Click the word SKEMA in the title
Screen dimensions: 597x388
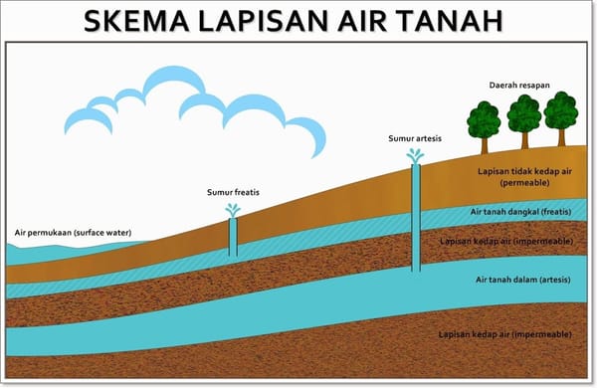(x=136, y=21)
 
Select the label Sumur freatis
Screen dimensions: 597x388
(x=233, y=192)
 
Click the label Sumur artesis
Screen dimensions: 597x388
(x=415, y=138)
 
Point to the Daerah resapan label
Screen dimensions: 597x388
(x=519, y=86)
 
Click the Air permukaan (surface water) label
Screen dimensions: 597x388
(x=73, y=233)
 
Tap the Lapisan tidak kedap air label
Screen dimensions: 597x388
(x=524, y=171)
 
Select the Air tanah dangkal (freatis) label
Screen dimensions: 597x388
(x=520, y=212)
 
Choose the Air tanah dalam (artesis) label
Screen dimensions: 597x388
(x=523, y=280)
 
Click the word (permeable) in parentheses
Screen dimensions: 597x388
(x=524, y=183)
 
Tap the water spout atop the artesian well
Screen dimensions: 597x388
(x=415, y=156)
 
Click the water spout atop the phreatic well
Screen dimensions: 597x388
(x=233, y=210)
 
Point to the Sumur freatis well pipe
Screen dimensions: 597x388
(x=233, y=237)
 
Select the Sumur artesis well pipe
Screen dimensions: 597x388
(x=416, y=218)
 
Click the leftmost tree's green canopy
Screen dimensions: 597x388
(x=484, y=119)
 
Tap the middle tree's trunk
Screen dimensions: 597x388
(x=524, y=139)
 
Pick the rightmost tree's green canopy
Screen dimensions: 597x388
(x=561, y=110)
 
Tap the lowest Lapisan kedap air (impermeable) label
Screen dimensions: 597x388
(x=505, y=334)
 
